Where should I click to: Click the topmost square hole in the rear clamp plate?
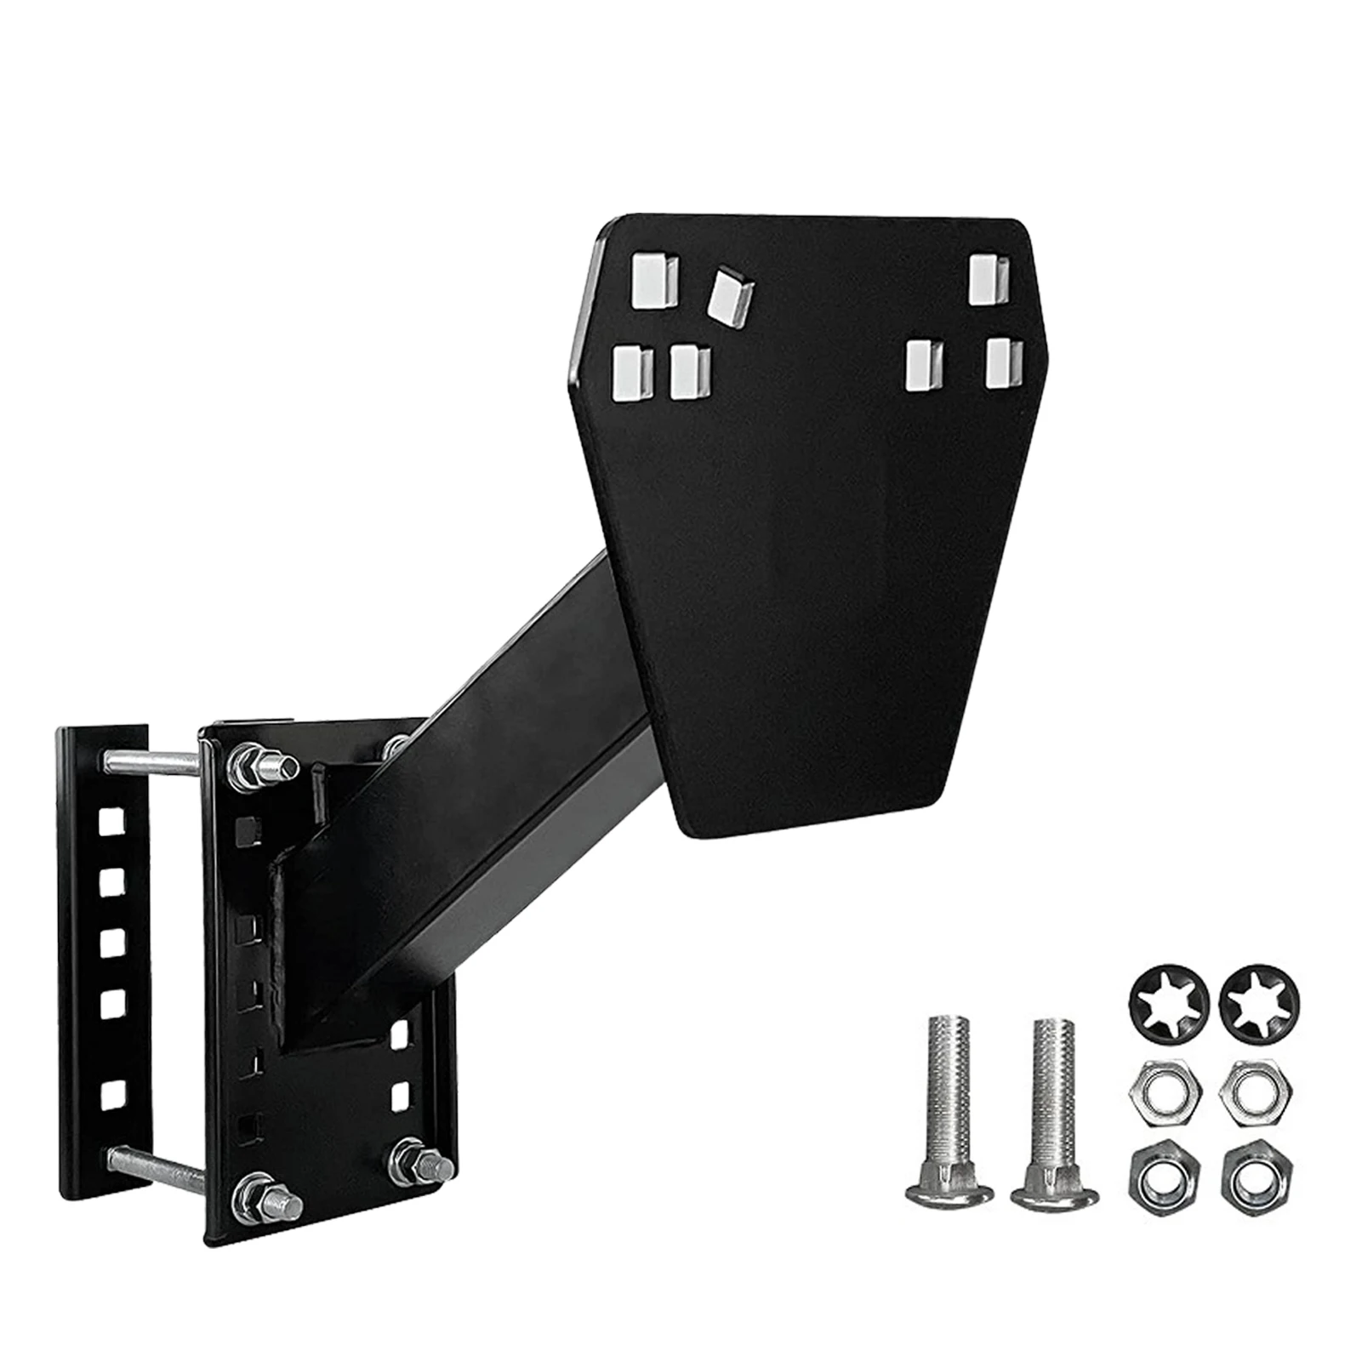(113, 820)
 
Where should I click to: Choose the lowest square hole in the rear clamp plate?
(112, 1095)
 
